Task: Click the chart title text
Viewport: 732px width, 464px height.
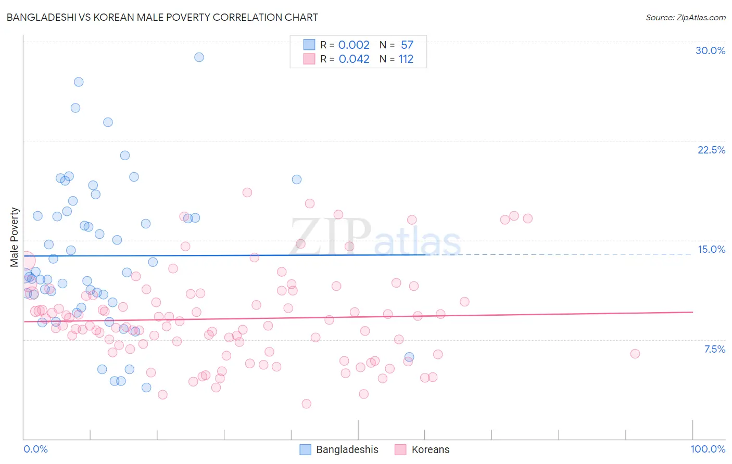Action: click(x=162, y=17)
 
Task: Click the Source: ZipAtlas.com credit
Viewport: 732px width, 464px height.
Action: click(x=685, y=17)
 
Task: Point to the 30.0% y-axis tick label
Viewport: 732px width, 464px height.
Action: click(x=710, y=50)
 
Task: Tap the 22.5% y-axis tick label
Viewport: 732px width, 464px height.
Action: click(x=711, y=150)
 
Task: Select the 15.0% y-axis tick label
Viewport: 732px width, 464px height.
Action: click(x=711, y=249)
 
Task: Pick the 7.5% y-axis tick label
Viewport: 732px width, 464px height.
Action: click(x=714, y=349)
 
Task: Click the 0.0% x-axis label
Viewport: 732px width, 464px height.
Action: click(x=35, y=449)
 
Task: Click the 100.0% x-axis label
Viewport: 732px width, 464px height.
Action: click(x=708, y=449)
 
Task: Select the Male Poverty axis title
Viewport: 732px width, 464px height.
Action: click(x=15, y=237)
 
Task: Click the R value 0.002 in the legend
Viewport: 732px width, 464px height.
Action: click(x=354, y=45)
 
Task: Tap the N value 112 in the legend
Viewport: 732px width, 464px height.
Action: click(x=406, y=59)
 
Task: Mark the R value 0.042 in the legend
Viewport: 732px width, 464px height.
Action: click(x=354, y=59)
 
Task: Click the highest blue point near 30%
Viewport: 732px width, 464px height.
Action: click(x=199, y=57)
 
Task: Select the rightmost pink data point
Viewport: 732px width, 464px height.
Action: click(x=635, y=354)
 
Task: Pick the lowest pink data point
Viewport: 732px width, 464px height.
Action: click(x=306, y=404)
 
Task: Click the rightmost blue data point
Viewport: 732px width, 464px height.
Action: click(x=409, y=357)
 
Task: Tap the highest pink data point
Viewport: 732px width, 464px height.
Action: click(x=247, y=192)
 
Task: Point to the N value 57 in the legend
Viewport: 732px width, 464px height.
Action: click(x=407, y=45)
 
